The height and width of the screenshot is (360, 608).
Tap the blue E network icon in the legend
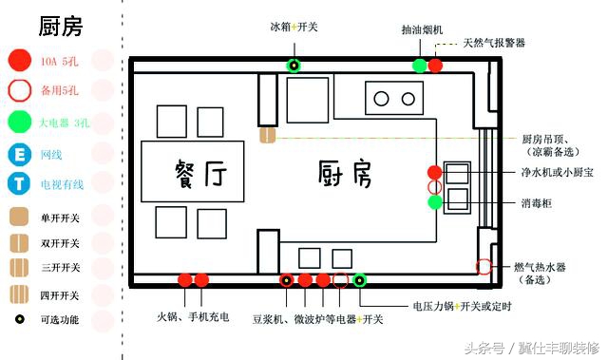(x=18, y=155)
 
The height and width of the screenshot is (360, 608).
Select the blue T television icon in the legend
(x=18, y=184)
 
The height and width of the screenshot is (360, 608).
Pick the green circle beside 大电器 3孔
(x=18, y=123)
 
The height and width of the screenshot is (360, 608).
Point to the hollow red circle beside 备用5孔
(x=18, y=92)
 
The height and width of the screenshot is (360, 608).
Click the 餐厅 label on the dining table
(x=199, y=174)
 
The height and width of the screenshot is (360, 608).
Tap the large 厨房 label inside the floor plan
(x=343, y=174)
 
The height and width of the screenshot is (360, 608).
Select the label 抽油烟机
(x=422, y=29)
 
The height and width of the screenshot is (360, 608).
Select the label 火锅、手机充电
(x=193, y=316)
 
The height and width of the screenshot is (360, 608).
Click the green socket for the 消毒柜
(x=434, y=201)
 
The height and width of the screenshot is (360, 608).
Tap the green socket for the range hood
(x=419, y=66)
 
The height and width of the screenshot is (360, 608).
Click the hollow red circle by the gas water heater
(x=484, y=266)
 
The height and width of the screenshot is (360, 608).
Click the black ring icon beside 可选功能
(x=18, y=320)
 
